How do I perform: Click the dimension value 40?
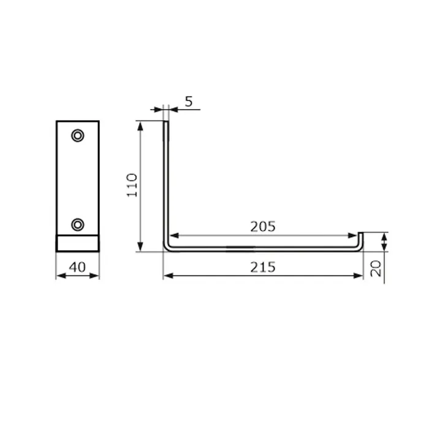77,267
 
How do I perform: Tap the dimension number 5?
189,102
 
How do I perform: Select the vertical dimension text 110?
132,185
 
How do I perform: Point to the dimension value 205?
263,227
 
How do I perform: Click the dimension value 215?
263,267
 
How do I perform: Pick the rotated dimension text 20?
376,268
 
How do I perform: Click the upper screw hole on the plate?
78,135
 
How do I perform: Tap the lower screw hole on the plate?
78,225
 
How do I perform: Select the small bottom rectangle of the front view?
78,243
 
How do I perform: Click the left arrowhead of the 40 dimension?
61,276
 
